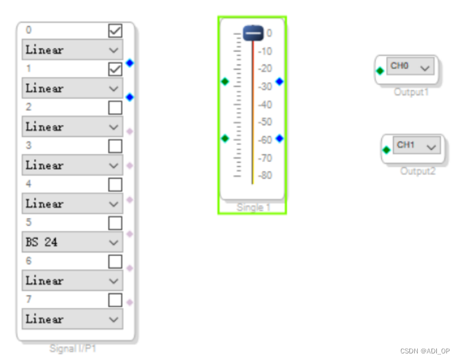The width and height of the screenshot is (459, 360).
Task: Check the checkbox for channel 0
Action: [x=115, y=30]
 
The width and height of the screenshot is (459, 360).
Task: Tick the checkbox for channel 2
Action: [x=115, y=108]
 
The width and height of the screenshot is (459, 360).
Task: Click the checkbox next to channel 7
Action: [x=115, y=300]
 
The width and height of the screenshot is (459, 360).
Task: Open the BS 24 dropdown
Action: [x=72, y=242]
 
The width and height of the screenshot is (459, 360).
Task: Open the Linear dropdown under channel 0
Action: [x=72, y=50]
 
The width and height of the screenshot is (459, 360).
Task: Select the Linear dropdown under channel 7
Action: [x=72, y=319]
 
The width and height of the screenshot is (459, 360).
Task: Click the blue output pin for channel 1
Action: [x=130, y=97]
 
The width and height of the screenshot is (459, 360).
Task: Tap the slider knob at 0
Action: [x=253, y=33]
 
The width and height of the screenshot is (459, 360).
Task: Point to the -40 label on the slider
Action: [x=265, y=105]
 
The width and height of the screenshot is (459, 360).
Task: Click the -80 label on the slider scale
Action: [x=265, y=175]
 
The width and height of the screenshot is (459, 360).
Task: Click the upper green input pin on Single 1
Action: [x=225, y=81]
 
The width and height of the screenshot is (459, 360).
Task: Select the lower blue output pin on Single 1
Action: [x=279, y=138]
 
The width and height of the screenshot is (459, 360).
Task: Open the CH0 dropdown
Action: [x=410, y=66]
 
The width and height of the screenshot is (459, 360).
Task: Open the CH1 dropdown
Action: [x=417, y=145]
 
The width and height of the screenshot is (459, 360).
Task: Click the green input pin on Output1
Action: [x=380, y=71]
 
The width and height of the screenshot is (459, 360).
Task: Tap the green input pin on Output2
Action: [x=387, y=150]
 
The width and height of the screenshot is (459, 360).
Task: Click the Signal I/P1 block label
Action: [x=72, y=348]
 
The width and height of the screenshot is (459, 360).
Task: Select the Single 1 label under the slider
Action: [x=253, y=208]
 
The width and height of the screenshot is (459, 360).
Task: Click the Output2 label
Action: [x=418, y=171]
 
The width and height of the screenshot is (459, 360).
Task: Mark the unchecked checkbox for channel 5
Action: [x=115, y=223]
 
